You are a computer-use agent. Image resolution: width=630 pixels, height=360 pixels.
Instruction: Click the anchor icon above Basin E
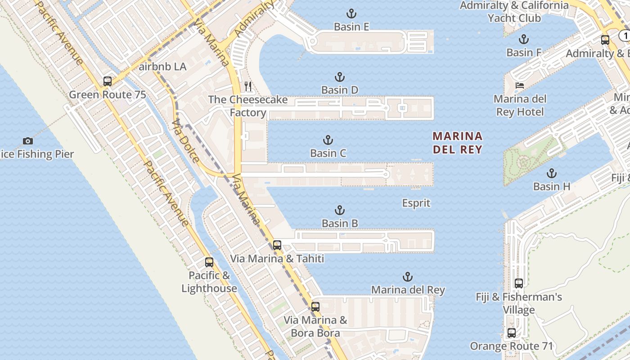coord(351,13)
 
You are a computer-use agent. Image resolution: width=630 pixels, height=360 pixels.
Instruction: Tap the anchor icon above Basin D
coord(340,77)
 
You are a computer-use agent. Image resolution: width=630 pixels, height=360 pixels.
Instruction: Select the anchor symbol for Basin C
coord(328,140)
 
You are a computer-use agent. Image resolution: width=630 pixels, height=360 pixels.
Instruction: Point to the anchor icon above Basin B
coord(340,210)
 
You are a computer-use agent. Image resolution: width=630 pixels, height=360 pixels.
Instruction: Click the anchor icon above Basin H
coord(551,173)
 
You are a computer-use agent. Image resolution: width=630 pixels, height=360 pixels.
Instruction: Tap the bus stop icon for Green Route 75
coord(107,81)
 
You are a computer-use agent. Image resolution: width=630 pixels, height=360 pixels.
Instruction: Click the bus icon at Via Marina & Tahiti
coord(277,245)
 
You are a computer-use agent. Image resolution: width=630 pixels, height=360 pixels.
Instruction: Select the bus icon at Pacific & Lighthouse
coord(209,262)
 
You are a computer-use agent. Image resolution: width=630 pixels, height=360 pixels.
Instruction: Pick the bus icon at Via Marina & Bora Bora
coord(315,307)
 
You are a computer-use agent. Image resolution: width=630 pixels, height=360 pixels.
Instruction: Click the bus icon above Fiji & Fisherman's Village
coord(519,283)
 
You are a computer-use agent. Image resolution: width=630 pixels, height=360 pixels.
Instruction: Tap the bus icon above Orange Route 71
coord(512,333)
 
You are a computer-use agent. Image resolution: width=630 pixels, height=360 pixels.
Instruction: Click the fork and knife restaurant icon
coord(248,86)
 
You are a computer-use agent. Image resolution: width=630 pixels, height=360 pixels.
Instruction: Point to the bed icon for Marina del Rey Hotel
coord(520,85)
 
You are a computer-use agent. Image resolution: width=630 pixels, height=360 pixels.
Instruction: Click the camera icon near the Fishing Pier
coord(28,141)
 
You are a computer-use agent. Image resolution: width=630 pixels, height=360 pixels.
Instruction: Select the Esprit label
coord(416,203)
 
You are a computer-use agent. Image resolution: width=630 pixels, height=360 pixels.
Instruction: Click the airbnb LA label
coord(162,67)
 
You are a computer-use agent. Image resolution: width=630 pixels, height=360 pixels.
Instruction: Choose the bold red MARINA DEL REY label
coord(458,143)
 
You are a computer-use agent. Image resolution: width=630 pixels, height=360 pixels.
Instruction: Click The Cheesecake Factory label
coord(248,106)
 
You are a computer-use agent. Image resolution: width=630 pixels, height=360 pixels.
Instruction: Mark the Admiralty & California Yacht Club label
coord(514,12)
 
